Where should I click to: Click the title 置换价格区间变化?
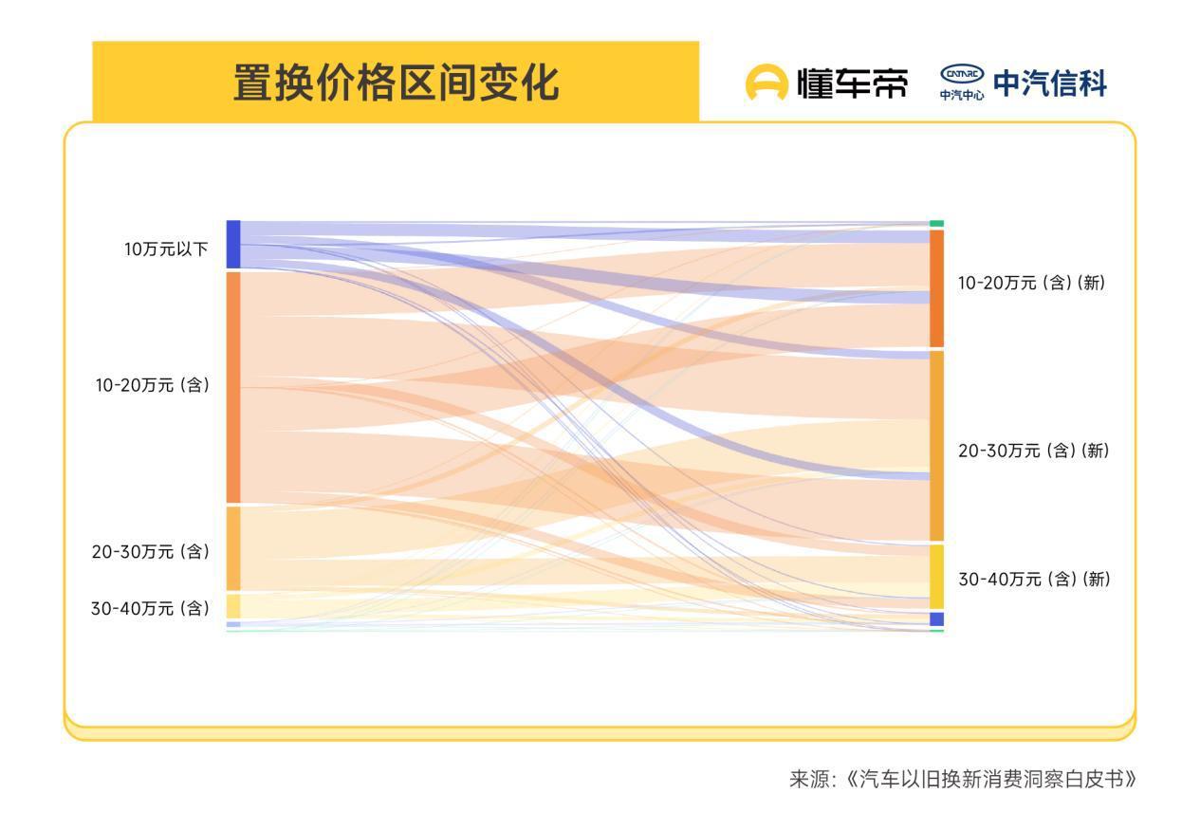pyautogui.click(x=396, y=83)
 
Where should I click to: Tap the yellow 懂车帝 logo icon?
pyautogui.click(x=766, y=83)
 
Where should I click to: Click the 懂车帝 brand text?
pyautogui.click(x=851, y=83)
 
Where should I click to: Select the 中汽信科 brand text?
pyautogui.click(x=1049, y=83)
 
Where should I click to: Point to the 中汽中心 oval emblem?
pyautogui.click(x=962, y=75)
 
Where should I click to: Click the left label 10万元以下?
pyautogui.click(x=166, y=249)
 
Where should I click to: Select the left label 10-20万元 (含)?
pyautogui.click(x=152, y=385)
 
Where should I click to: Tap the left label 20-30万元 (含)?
pyautogui.click(x=150, y=551)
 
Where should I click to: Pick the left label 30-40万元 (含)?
pyautogui.click(x=150, y=608)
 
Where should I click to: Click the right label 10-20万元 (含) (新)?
pyautogui.click(x=1031, y=283)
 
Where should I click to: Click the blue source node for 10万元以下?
pyautogui.click(x=233, y=245)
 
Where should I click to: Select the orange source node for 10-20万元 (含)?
pyautogui.click(x=233, y=387)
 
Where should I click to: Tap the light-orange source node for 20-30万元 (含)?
pyautogui.click(x=233, y=548)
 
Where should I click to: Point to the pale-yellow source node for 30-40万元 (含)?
pyautogui.click(x=233, y=606)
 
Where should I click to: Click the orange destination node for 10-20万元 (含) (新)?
pyautogui.click(x=936, y=288)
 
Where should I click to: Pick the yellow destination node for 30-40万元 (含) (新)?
pyautogui.click(x=936, y=577)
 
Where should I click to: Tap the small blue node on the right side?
pyautogui.click(x=936, y=619)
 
